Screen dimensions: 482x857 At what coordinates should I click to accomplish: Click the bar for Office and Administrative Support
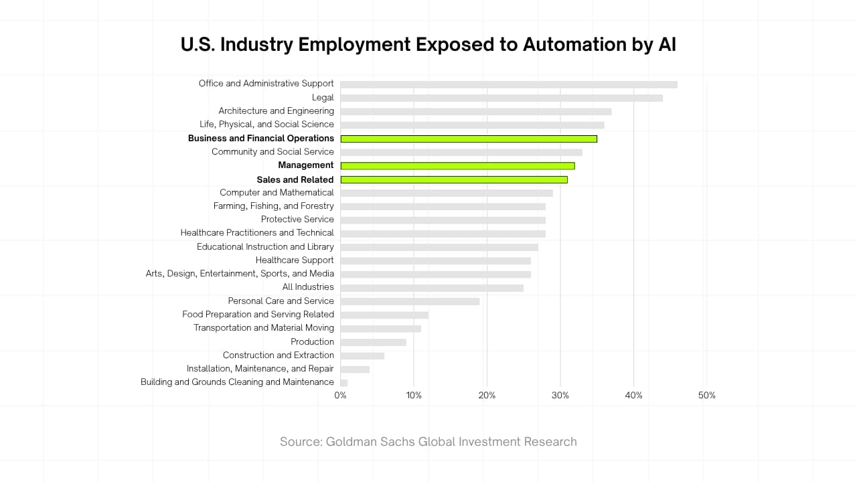(x=509, y=84)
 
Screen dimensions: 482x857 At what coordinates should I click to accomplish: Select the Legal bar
(x=501, y=98)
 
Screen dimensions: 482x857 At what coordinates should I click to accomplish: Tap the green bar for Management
(x=457, y=165)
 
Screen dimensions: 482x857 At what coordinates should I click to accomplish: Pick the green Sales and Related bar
(x=454, y=179)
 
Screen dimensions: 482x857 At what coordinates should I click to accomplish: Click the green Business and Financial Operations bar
(x=469, y=139)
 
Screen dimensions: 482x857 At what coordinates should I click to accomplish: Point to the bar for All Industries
(x=432, y=288)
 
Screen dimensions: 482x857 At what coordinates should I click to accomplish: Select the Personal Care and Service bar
(x=410, y=301)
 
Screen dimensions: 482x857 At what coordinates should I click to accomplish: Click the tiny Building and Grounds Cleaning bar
(x=344, y=383)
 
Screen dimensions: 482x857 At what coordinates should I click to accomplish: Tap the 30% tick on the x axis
(x=560, y=396)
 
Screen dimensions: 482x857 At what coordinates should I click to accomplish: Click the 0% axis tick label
(x=340, y=396)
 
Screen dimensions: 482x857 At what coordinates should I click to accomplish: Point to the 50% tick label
(x=707, y=396)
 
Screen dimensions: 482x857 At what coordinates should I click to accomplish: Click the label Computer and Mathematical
(x=277, y=193)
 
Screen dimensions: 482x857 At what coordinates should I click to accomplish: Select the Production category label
(x=312, y=342)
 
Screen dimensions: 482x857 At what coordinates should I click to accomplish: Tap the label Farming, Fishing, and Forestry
(x=273, y=206)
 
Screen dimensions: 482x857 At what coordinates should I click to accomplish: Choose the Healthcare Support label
(x=295, y=260)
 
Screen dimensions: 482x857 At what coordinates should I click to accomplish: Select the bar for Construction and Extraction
(x=362, y=355)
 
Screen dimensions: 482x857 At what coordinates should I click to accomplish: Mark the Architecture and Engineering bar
(x=475, y=111)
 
